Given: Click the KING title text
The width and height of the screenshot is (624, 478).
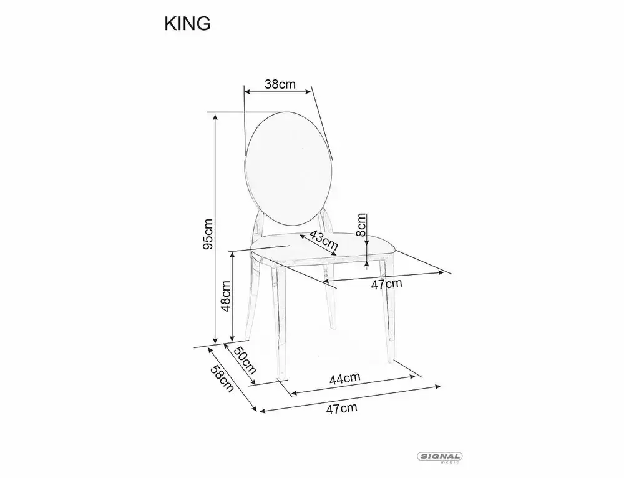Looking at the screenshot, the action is point(187,24).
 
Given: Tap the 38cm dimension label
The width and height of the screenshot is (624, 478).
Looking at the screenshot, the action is point(280,84).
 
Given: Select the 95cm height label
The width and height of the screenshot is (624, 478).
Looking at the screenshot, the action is point(208,234).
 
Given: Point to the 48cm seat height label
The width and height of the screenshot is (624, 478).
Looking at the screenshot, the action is point(226,296).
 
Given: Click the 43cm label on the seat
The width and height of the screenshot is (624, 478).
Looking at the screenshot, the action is point(323,241).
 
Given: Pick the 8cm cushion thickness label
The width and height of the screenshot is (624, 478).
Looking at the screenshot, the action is point(361,225).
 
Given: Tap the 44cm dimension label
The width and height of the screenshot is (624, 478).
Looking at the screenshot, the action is point(344,378).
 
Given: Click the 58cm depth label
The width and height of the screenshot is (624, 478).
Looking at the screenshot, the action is point(222,379).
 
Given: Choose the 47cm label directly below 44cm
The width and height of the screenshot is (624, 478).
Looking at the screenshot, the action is point(341,408).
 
